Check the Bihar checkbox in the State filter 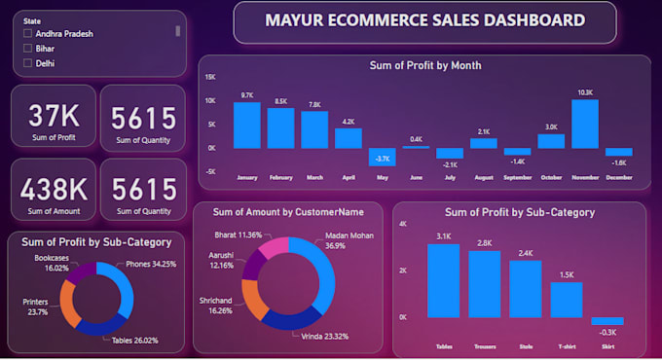[27, 48]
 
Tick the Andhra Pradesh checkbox [27, 32]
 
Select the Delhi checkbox [27, 63]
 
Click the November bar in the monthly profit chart [585, 123]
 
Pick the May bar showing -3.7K [383, 157]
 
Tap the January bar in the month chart [247, 125]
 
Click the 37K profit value [54, 117]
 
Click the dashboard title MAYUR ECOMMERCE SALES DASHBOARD [425, 19]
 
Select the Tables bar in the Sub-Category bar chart [443, 280]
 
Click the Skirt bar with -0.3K [607, 321]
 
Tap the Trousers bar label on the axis [484, 344]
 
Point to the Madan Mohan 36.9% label [349, 240]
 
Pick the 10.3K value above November [585, 92]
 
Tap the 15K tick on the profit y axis [210, 76]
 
